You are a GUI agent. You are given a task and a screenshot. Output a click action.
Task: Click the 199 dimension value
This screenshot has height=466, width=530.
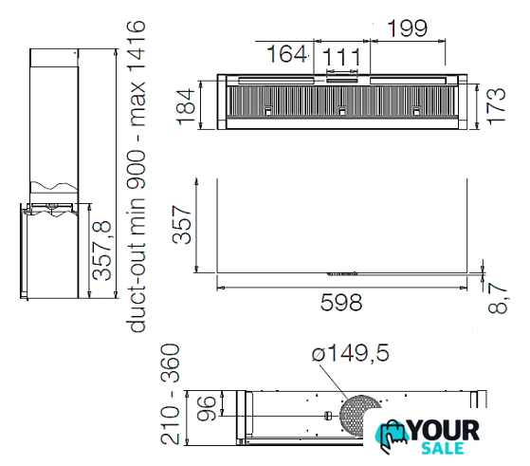coord(408,28)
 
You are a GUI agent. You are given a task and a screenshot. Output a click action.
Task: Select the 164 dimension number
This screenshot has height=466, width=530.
coord(287,54)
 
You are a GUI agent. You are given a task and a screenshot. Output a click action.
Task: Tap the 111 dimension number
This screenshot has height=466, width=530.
coord(341,57)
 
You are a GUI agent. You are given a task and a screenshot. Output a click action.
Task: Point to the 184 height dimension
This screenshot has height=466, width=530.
coord(187,106)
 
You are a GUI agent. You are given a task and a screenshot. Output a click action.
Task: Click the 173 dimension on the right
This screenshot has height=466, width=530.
coord(497,106)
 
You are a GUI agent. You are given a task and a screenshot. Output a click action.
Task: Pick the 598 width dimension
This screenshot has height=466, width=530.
coord(341,303)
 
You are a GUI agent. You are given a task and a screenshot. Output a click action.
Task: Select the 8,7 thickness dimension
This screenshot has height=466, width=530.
coord(498,298)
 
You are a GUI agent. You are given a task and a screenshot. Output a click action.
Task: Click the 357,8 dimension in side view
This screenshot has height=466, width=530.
coord(101,250)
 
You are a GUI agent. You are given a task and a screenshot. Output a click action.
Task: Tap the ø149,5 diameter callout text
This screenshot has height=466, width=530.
coord(351,353)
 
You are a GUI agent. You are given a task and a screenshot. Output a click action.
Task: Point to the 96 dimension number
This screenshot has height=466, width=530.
coord(206,408)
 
